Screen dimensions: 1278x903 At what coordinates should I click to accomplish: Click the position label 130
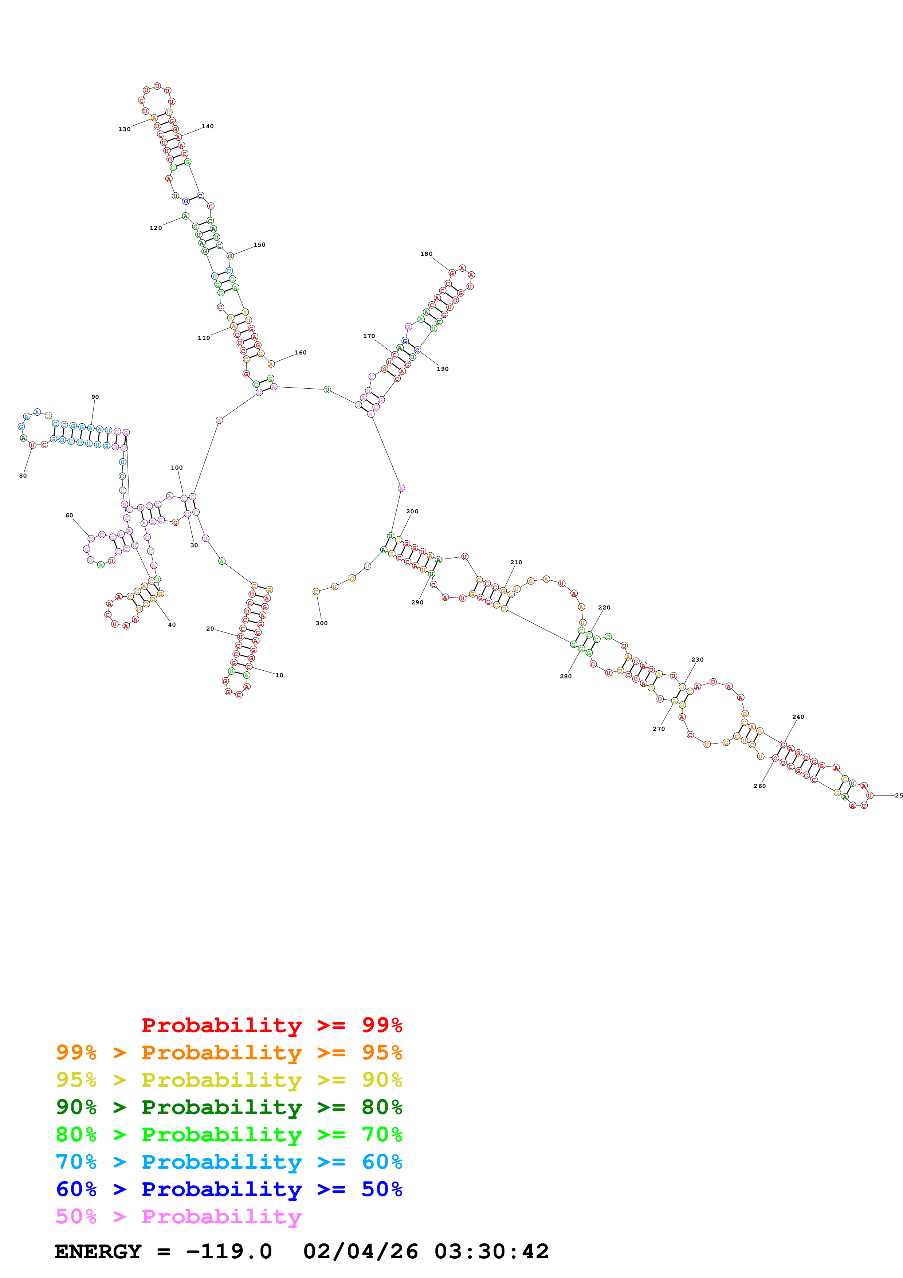click(x=124, y=129)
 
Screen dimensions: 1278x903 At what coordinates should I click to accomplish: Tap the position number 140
click(x=208, y=126)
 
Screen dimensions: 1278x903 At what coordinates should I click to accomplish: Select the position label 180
click(x=426, y=254)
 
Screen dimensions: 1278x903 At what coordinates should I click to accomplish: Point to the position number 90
click(x=95, y=397)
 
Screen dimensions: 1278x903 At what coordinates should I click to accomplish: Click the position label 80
click(x=23, y=475)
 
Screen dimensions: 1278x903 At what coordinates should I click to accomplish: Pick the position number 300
click(x=322, y=623)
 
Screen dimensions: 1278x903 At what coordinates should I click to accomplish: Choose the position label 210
click(x=516, y=562)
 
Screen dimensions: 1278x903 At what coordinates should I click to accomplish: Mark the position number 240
click(x=798, y=717)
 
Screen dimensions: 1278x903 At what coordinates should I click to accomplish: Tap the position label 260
click(x=759, y=786)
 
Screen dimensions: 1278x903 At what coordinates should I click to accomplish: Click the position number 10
click(x=279, y=675)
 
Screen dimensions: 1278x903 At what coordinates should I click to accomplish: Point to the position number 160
click(x=301, y=352)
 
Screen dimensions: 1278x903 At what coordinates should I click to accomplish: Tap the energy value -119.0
click(x=229, y=1251)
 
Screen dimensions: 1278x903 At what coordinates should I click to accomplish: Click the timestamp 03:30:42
click(x=491, y=1251)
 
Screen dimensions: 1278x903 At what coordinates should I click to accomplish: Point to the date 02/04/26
click(x=361, y=1251)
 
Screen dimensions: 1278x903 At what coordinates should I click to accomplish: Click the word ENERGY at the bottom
click(x=98, y=1251)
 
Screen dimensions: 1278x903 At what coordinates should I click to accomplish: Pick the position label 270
click(x=659, y=729)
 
